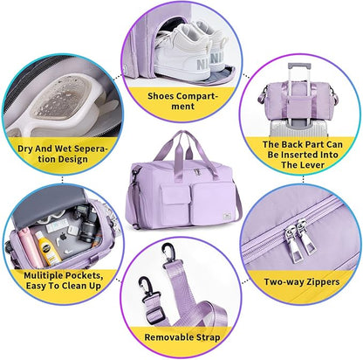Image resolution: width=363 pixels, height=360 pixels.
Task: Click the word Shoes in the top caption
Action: point(161,96)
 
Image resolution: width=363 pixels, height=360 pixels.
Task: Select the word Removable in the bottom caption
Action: point(168,337)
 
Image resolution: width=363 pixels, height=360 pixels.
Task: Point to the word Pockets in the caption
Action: point(85,275)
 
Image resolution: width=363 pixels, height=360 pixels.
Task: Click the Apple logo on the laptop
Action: point(63,237)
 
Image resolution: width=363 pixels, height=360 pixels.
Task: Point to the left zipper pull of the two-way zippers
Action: point(291,244)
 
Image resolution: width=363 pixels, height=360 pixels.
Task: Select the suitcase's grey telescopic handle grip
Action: point(298,66)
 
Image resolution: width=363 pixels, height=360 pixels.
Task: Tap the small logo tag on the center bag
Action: point(227,217)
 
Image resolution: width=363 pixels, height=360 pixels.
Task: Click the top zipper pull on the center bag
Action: point(197,171)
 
